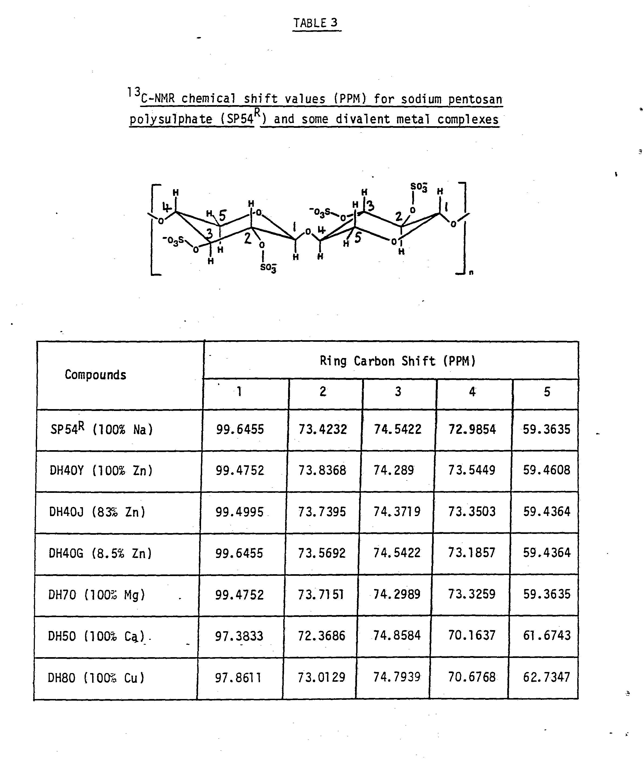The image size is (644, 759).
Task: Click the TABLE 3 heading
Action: coord(316,23)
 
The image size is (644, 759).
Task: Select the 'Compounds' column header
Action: coord(95,375)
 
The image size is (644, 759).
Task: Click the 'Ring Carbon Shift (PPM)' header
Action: coord(398,361)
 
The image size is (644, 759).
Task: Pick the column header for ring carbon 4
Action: coord(472,392)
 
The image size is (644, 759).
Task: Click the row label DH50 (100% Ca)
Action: coord(97,636)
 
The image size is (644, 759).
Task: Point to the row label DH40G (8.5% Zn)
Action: coord(100,553)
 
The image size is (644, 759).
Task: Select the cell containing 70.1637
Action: coord(472,636)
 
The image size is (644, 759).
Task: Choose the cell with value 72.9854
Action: coord(472,429)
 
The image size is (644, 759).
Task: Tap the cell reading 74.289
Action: coord(393,470)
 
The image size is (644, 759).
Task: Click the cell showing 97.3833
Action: coord(239,636)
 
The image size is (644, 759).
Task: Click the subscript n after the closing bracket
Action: coord(471,273)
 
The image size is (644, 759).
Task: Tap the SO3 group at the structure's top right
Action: coord(418,187)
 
